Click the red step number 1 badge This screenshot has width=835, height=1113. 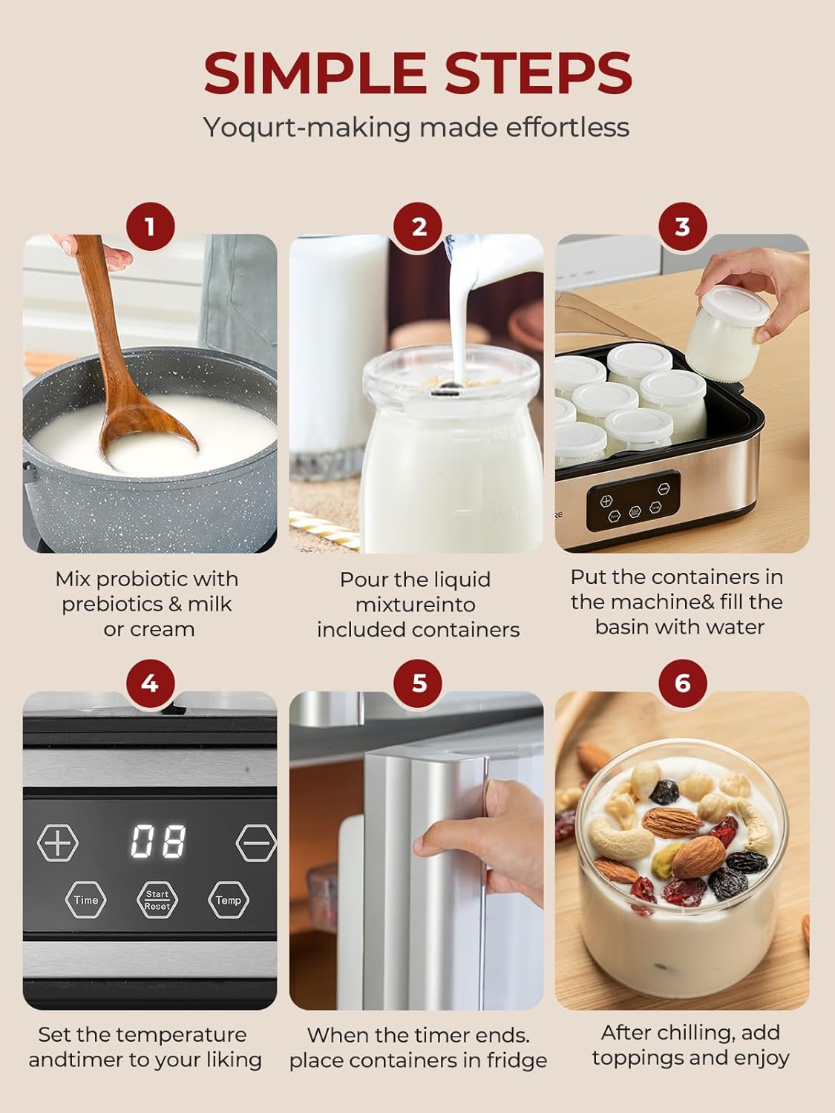(x=150, y=227)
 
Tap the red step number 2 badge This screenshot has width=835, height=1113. (x=419, y=227)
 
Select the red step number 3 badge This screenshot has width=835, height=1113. (x=682, y=227)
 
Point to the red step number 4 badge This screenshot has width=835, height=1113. (x=150, y=683)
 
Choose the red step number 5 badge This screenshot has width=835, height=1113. (x=419, y=683)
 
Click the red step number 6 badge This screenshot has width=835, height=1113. (x=682, y=683)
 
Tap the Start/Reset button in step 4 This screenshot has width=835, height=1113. (x=157, y=900)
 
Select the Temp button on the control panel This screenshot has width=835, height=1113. (x=228, y=900)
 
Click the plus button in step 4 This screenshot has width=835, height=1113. (x=58, y=844)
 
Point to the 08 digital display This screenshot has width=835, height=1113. (x=158, y=841)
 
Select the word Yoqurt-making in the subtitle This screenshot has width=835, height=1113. (x=307, y=128)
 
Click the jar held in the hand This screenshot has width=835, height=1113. (x=723, y=326)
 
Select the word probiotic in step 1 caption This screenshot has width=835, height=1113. (x=142, y=580)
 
